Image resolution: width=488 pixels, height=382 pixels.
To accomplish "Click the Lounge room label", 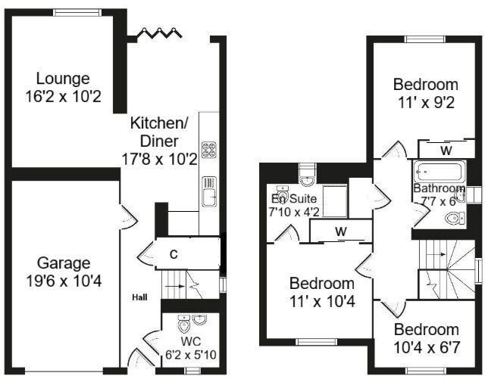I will [64, 79].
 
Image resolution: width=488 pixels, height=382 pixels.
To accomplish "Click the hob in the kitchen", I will [209, 148].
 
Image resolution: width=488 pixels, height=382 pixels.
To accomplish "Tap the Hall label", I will [140, 297].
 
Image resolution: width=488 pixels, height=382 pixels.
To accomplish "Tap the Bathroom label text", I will [439, 188].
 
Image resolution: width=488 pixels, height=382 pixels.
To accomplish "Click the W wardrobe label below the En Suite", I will [341, 231].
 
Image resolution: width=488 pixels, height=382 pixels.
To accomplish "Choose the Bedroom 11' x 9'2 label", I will [425, 92].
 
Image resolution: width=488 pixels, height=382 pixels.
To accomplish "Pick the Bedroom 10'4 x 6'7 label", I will [426, 338].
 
